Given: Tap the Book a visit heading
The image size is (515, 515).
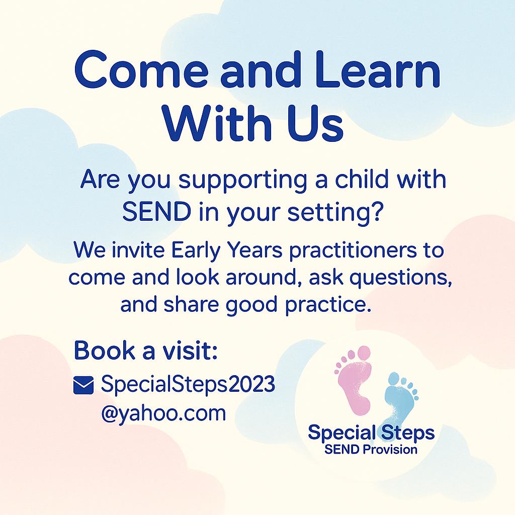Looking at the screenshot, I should click(x=145, y=351).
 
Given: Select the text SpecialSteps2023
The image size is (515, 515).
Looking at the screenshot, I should click(x=188, y=385).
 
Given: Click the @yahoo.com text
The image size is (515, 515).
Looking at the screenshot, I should click(x=163, y=413).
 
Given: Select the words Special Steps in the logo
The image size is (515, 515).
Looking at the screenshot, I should click(x=371, y=432).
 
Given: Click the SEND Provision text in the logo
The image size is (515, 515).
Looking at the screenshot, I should click(x=371, y=449).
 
